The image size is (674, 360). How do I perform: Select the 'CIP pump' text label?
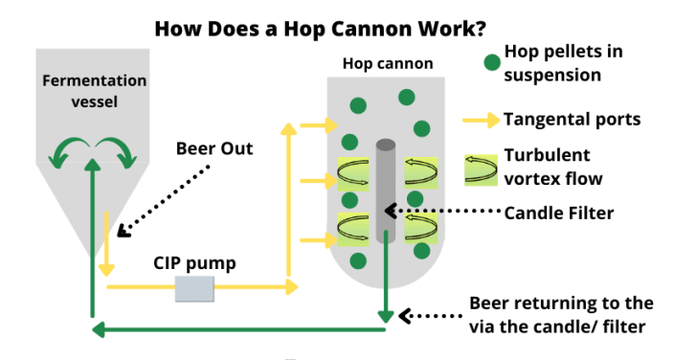coord(196,261)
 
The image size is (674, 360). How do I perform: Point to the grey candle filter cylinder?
coord(385,201)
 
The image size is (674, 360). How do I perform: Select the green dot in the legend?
coord(491,64)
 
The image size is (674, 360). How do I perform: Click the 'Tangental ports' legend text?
coord(572,120)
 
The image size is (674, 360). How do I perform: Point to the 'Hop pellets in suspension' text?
coord(560,64)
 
